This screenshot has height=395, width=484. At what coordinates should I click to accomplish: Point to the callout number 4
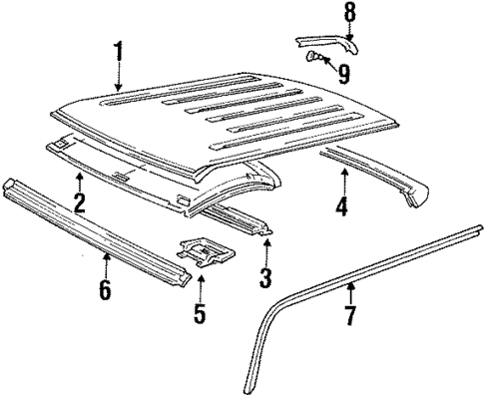point(342,208)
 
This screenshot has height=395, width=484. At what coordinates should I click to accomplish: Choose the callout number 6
point(106,292)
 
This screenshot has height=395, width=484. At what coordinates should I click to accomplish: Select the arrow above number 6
point(106,265)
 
